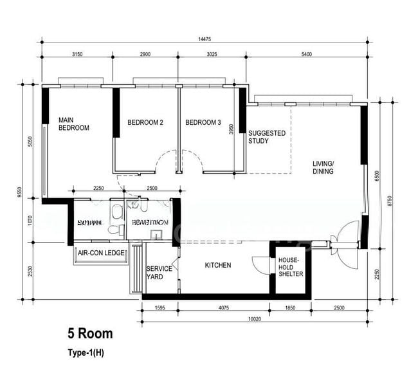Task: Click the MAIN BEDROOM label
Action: coord(73,124)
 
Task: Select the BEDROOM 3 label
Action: coord(203,122)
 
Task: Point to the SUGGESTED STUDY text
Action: coord(266,136)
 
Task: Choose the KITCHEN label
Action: coord(217,265)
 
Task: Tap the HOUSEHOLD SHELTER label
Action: coord(290,267)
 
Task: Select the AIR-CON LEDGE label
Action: coord(101,253)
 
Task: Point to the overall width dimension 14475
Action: coord(204,39)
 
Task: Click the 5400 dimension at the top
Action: coord(306,54)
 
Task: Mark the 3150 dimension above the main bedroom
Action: coord(78,54)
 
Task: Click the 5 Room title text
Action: coord(90,334)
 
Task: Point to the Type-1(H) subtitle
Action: coord(86,353)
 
